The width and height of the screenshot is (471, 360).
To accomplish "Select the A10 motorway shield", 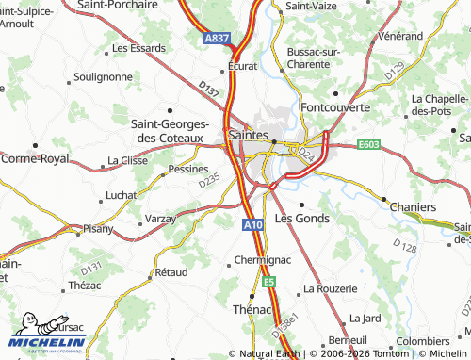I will coord(251,225).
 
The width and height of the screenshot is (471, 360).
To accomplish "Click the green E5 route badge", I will coord(269,281).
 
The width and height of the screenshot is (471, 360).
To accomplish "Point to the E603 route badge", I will coord(368,145).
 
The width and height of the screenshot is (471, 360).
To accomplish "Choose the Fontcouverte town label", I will coord(335,107).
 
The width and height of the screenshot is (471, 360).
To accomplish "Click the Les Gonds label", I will coord(301,218).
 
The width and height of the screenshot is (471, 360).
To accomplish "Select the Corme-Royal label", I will coord(35,159).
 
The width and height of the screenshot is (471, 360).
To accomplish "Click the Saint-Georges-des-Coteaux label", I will coord(169,129).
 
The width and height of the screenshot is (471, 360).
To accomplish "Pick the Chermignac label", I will coord(258,261).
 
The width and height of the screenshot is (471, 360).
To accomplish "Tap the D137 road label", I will coord(209,89).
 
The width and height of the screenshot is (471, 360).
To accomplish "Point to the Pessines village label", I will coord(187,170).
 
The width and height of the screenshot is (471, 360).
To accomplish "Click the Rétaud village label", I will coord(171,271).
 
